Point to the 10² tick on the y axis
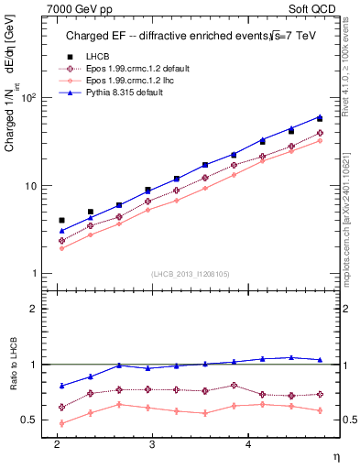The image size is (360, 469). (29, 97)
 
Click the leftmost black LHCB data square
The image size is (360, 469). (61, 220)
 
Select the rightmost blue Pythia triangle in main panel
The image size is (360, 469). (320, 116)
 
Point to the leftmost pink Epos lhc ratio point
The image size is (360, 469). (61, 423)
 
